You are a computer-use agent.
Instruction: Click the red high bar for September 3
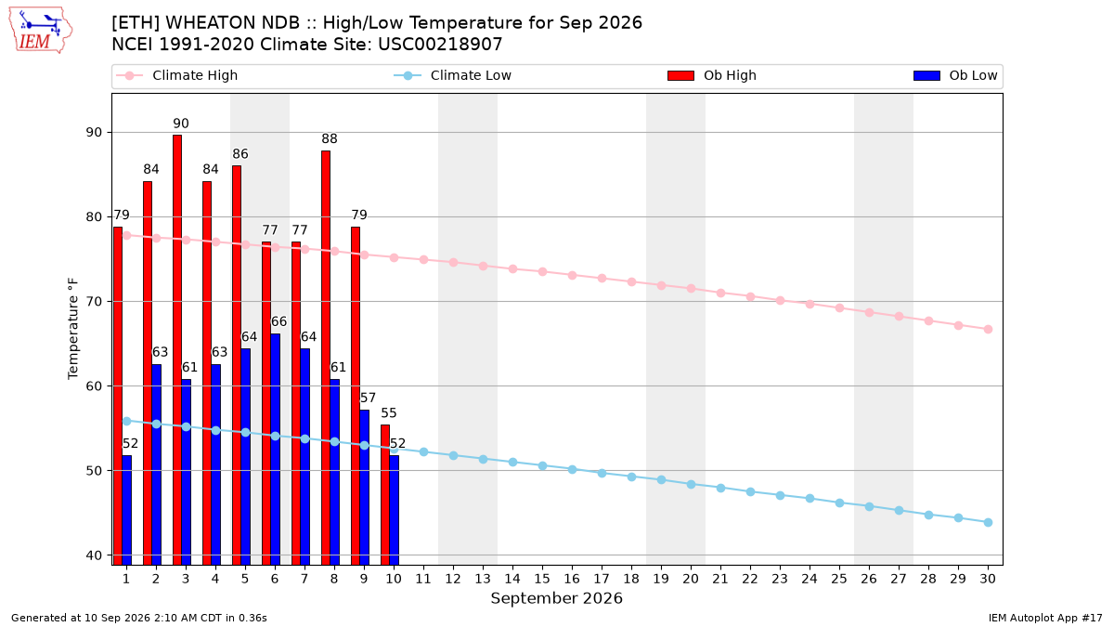coord(177,350)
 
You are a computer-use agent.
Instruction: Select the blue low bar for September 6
coord(275,450)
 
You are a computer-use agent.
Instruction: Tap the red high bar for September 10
coord(385,494)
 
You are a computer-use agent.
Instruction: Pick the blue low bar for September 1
coord(127,510)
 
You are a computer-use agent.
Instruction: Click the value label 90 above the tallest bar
coord(181,124)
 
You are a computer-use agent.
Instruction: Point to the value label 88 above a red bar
coord(330,138)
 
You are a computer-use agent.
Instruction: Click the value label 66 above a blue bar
coord(278,321)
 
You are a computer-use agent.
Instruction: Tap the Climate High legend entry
coord(176,75)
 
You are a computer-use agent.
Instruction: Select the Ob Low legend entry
coord(955,75)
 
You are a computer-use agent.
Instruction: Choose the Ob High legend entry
coord(712,75)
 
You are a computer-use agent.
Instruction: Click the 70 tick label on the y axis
coord(94,302)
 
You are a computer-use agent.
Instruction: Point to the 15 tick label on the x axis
coord(542,579)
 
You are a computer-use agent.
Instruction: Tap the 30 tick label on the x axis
coord(988,579)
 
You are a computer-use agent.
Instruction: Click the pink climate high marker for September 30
coord(988,330)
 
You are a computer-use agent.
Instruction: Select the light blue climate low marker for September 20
coord(691,484)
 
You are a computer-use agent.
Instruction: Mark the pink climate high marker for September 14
coord(512,268)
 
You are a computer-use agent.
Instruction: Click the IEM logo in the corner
coord(40,31)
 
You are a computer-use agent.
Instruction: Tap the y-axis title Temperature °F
coord(73,329)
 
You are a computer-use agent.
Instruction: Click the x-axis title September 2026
coord(556,598)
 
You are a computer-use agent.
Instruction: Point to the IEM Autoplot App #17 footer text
coord(1045,618)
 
